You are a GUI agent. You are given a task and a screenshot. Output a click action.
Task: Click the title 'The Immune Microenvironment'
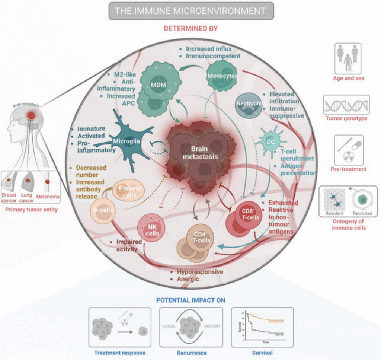click(191, 11)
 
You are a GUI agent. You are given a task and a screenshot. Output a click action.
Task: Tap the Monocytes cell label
click(222, 76)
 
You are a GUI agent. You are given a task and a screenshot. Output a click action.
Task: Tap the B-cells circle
click(103, 210)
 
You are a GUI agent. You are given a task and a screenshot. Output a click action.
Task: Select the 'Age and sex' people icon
click(348, 58)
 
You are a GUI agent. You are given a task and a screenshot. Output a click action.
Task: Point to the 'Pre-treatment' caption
click(349, 169)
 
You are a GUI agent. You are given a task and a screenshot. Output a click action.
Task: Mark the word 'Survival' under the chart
click(262, 353)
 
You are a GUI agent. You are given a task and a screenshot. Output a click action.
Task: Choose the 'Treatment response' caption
click(120, 353)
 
